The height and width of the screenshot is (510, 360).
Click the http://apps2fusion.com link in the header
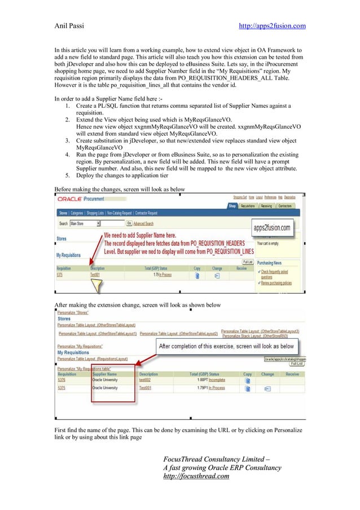(273, 26)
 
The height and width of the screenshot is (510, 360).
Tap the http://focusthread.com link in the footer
(196, 476)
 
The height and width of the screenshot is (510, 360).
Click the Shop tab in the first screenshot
(232, 206)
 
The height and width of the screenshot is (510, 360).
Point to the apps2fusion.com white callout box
(274, 228)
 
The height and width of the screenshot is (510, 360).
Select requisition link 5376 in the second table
(62, 380)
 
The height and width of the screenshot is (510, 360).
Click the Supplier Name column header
(104, 374)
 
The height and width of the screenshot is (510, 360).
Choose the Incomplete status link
(217, 380)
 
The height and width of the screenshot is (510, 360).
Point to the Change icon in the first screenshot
(217, 276)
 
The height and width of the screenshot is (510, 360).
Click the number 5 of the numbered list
(67, 175)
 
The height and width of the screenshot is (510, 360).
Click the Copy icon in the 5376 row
(247, 381)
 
